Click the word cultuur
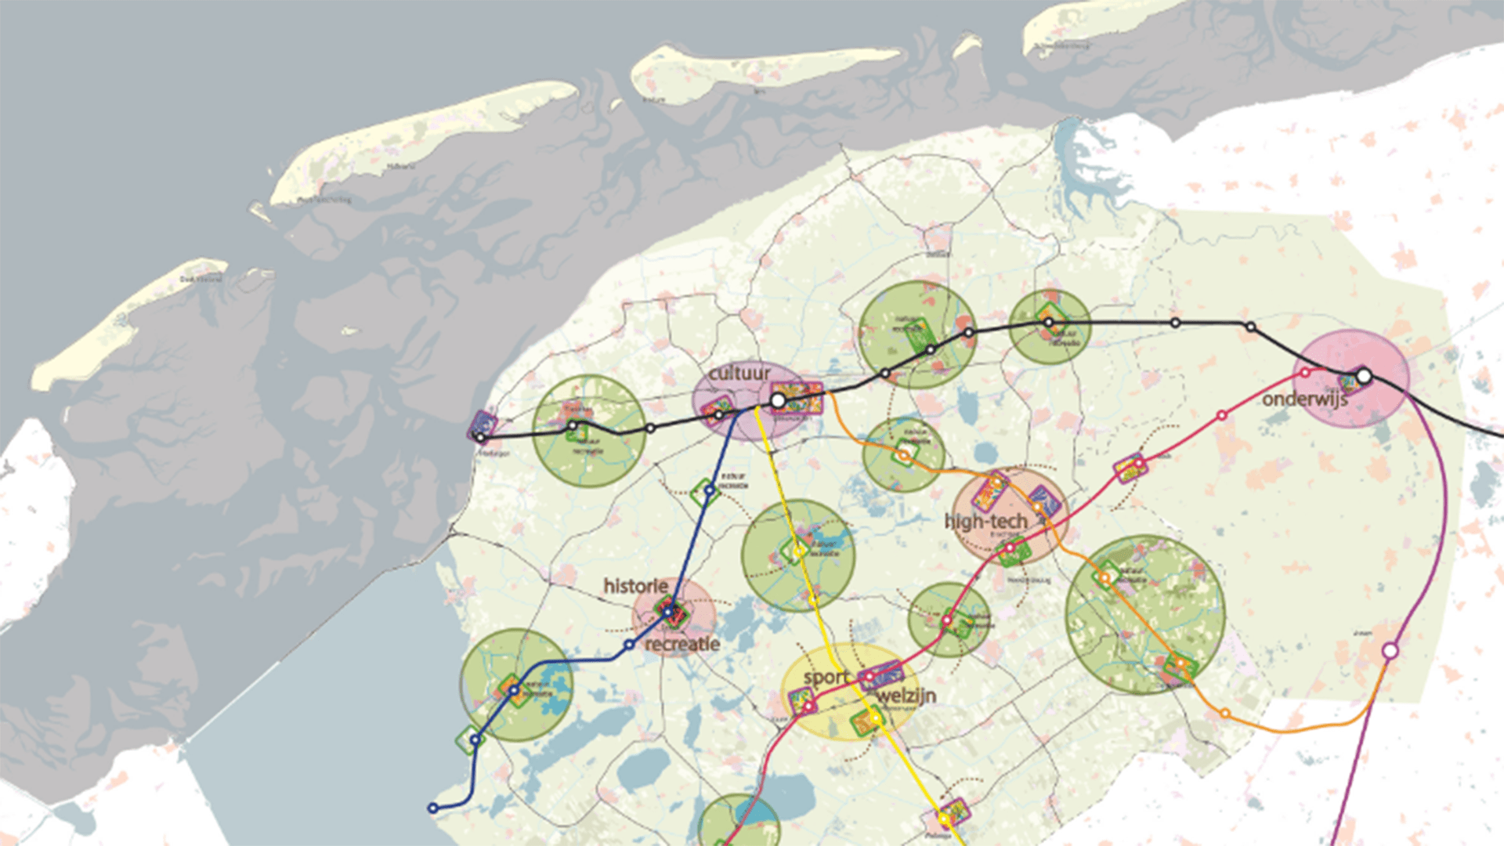tap(739, 374)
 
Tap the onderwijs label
tap(1304, 399)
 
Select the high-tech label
tap(985, 521)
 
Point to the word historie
tap(635, 586)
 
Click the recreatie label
tap(682, 644)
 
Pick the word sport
tap(826, 677)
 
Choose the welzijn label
tap(906, 696)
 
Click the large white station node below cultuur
tap(778, 401)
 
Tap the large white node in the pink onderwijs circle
tap(1364, 377)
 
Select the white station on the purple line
tap(1390, 650)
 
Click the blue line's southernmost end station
tap(432, 808)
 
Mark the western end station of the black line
tap(481, 437)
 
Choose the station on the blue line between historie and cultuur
tap(709, 491)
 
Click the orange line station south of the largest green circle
tap(1225, 714)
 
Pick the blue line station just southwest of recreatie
tap(629, 645)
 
